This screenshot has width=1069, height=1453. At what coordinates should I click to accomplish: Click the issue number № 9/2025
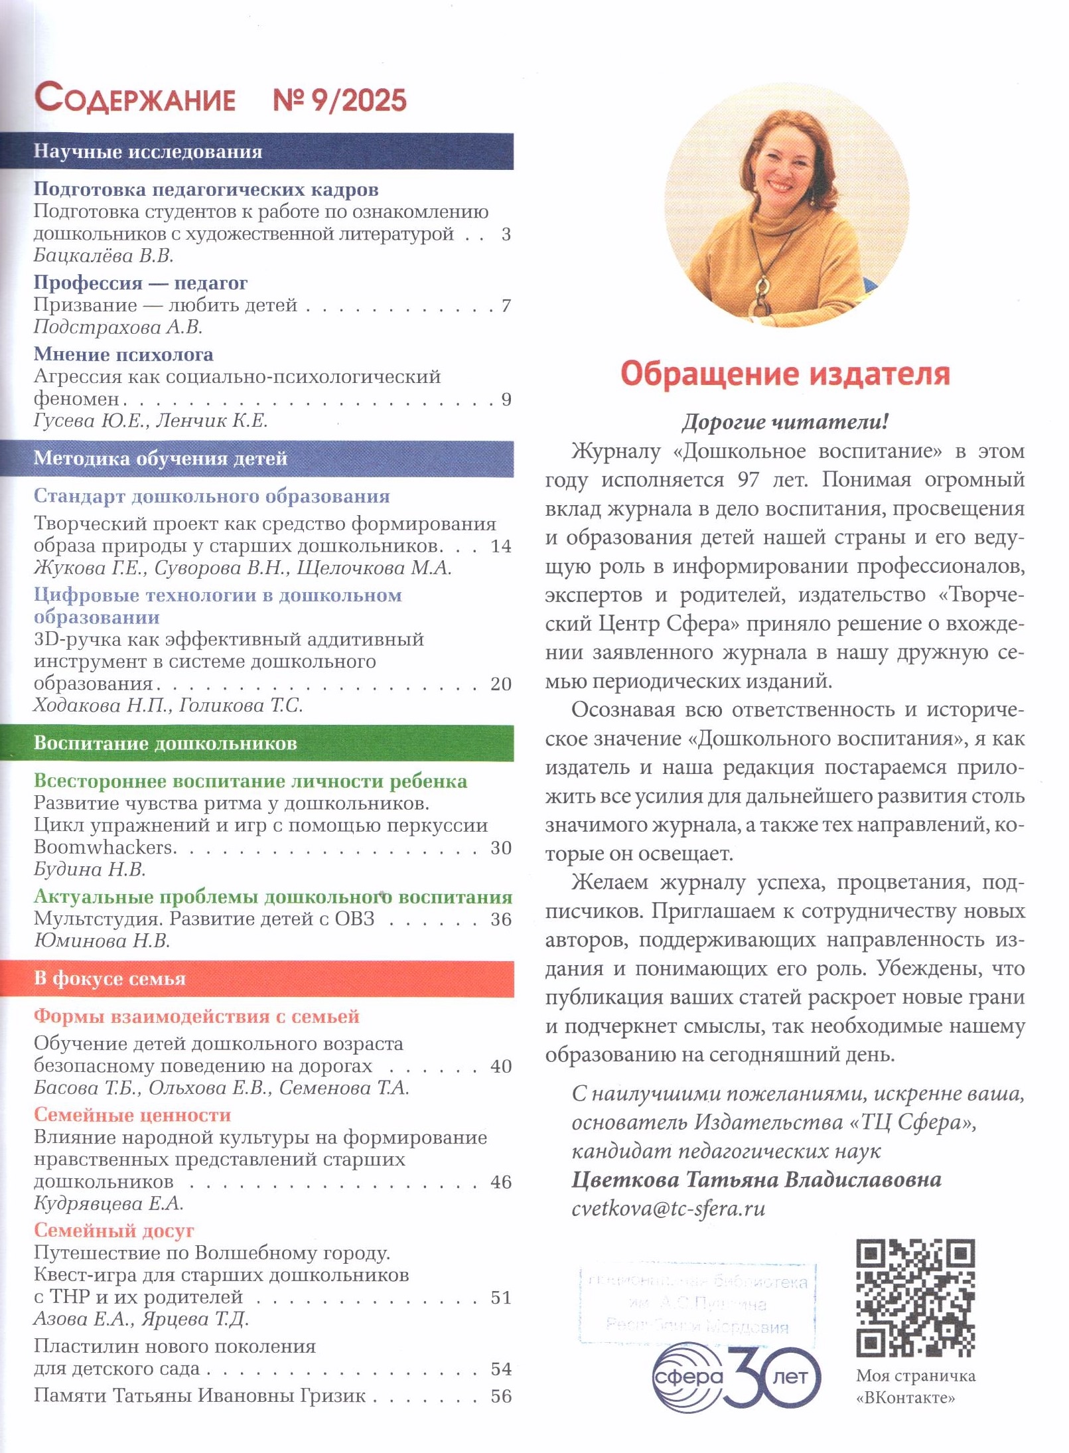click(x=340, y=100)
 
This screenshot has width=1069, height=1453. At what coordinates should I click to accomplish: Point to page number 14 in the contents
click(x=501, y=546)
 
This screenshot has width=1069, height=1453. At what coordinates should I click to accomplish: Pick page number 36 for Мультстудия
click(x=501, y=919)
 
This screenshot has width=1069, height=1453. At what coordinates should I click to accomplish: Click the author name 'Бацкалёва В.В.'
click(x=104, y=256)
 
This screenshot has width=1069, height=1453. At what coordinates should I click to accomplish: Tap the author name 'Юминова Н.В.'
click(x=102, y=941)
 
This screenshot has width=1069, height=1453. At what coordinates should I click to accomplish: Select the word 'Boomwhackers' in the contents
click(x=104, y=848)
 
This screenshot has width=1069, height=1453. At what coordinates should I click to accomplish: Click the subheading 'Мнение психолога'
click(x=123, y=354)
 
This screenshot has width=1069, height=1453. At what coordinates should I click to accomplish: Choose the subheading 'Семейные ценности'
click(x=132, y=1114)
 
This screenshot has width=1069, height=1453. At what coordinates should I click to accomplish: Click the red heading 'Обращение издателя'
click(x=785, y=374)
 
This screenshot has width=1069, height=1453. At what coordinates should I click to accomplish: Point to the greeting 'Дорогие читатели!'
click(x=785, y=421)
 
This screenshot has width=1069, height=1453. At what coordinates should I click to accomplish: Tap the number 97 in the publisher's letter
click(x=748, y=480)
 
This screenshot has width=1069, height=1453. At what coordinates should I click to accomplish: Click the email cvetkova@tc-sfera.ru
click(x=668, y=1208)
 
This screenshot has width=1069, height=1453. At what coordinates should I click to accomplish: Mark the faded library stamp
click(x=697, y=1304)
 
